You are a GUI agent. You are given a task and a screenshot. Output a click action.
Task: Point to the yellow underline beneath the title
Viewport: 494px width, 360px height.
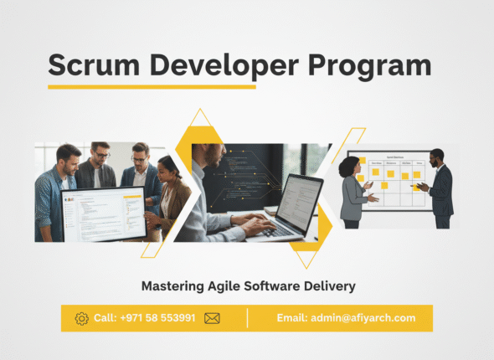point(152,85)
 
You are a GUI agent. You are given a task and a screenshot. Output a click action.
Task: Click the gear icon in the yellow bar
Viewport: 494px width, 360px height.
point(81,318)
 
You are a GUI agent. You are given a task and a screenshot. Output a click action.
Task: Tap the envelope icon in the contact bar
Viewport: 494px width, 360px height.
point(212,318)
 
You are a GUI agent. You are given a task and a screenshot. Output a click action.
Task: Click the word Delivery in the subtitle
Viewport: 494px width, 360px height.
point(331,286)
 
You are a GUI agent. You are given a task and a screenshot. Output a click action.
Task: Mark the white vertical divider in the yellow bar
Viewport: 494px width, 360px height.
point(247,318)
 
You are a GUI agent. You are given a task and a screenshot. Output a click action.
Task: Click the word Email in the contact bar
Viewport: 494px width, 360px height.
point(292,318)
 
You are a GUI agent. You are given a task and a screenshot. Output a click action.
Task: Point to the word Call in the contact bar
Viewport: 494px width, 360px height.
point(105,318)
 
